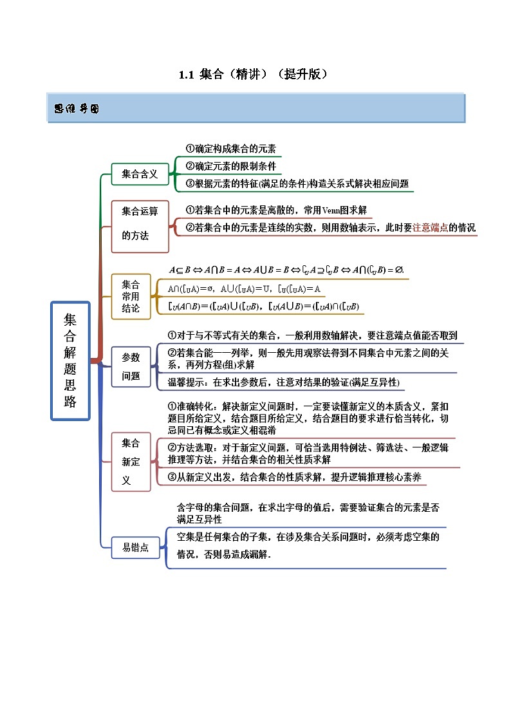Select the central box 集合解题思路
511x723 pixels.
point(70,361)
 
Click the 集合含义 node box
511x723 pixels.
point(140,174)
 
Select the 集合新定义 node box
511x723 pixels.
point(131,461)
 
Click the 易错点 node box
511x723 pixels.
point(135,547)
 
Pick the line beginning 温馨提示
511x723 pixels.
point(283,382)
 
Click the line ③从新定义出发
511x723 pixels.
point(294,477)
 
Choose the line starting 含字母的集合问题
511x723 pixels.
point(308,507)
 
